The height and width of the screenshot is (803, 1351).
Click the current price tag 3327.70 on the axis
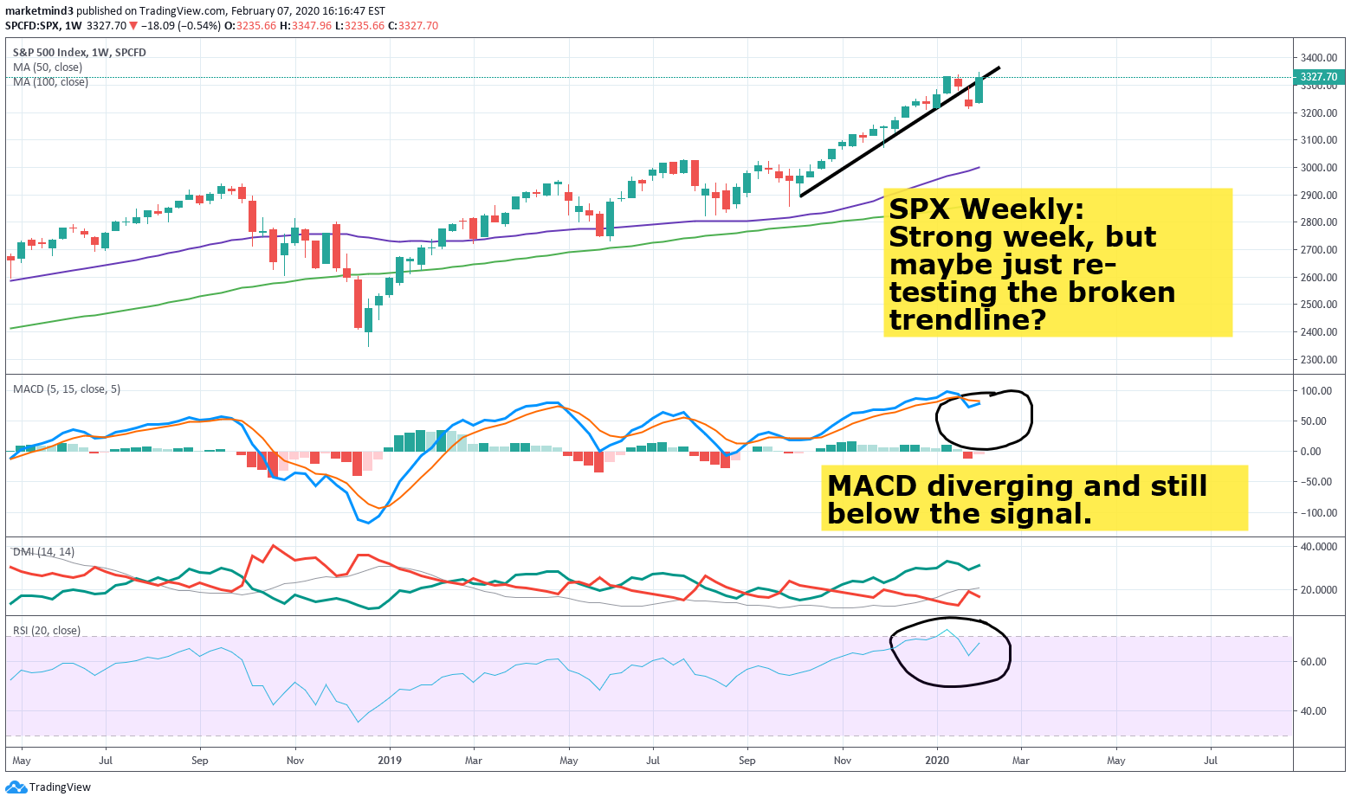click(x=1319, y=77)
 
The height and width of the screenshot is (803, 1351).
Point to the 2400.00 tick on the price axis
click(x=1319, y=332)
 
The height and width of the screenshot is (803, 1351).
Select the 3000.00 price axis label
click(x=1319, y=168)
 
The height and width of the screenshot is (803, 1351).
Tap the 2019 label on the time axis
click(x=390, y=761)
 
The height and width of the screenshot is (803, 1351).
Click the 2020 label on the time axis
click(x=937, y=761)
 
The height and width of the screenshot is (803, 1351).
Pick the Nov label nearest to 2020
click(x=842, y=761)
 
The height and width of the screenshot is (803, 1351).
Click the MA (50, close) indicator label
click(x=48, y=67)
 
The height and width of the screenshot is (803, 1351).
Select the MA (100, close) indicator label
click(x=50, y=82)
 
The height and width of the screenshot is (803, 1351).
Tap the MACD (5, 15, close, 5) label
click(x=67, y=389)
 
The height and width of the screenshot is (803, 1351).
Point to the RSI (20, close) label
click(x=47, y=631)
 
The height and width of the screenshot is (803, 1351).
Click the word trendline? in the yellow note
click(x=967, y=321)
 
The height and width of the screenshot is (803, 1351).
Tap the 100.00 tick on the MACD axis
click(x=1316, y=391)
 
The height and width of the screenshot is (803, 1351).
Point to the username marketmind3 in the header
click(x=39, y=11)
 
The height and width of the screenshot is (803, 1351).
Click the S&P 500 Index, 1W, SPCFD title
click(x=80, y=53)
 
